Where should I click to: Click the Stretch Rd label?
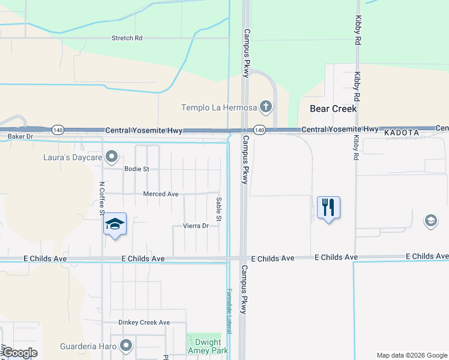(127, 38)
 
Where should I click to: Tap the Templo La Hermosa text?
(219, 108)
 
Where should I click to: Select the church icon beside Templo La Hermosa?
(266, 107)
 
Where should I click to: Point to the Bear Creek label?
(333, 109)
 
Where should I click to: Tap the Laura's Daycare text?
(72, 158)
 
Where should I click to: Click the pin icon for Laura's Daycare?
(112, 157)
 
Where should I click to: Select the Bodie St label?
(136, 169)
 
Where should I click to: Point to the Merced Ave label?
(160, 194)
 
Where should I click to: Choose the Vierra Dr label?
(195, 226)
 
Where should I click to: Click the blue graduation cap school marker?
(115, 225)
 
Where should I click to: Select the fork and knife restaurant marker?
(328, 208)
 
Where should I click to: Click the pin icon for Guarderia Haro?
(126, 345)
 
